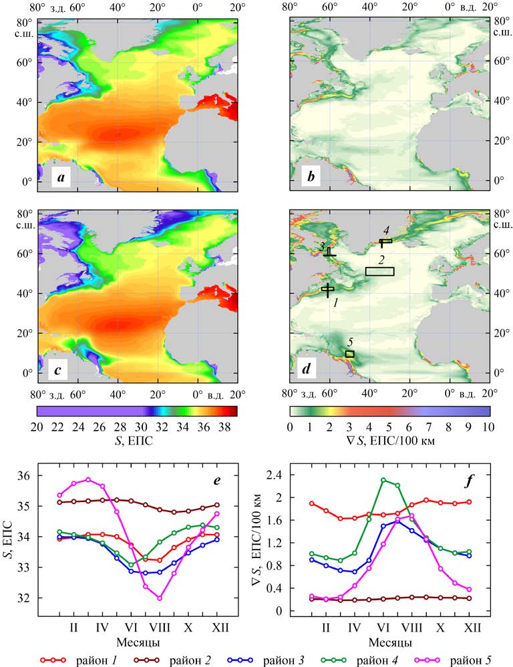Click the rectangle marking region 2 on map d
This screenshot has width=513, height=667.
click(379, 271)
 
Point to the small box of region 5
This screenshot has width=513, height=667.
click(349, 354)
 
